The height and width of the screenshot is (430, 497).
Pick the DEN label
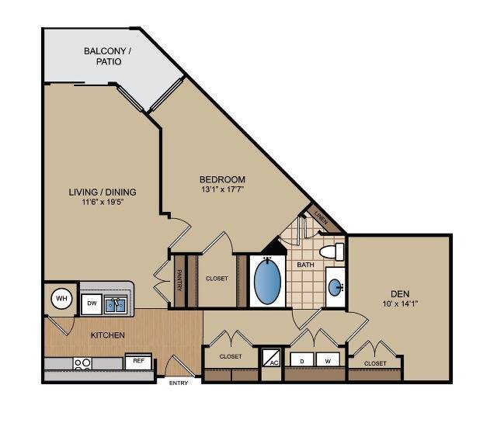click(400, 293)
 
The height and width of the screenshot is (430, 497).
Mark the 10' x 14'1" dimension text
click(400, 303)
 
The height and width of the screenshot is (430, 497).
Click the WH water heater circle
click(61, 299)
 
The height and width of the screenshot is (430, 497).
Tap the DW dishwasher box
click(91, 303)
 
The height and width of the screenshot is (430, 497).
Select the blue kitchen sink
click(116, 303)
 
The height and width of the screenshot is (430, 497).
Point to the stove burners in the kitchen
click(82, 362)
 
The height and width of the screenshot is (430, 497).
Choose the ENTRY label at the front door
click(179, 383)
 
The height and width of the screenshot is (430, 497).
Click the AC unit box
click(273, 359)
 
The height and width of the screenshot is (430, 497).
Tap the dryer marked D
click(302, 361)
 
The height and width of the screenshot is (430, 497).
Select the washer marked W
click(328, 361)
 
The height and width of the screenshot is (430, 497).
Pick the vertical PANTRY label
click(179, 279)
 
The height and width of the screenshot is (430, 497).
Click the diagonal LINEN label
click(320, 220)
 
